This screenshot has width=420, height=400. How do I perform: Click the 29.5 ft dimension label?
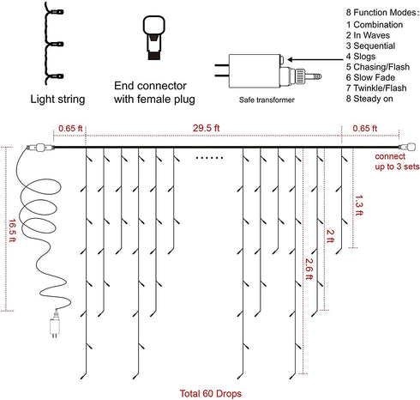coord(206,128)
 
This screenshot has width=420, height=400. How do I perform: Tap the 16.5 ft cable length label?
coord(12,230)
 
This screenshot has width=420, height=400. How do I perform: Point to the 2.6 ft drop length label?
coord(309,269)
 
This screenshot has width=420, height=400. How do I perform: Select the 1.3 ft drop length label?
coord(359,205)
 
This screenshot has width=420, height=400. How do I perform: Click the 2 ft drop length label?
coord(330,236)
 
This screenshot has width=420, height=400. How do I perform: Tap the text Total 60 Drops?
coord(211,393)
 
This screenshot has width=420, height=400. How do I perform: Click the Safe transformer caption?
coord(267,100)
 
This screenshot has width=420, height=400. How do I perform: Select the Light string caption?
coord(57,100)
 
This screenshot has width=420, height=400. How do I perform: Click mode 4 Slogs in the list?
coord(361,57)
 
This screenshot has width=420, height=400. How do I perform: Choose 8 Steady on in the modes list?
coord(369,99)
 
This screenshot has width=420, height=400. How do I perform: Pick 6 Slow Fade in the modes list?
coord(370,77)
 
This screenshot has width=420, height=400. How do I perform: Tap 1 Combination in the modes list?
coord(375,25)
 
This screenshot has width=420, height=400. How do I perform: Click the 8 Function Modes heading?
coord(382,13)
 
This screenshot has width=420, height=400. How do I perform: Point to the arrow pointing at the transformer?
coord(315,59)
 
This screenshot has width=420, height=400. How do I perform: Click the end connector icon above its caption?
coord(153,38)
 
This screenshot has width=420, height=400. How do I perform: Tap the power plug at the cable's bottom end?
coord(55,325)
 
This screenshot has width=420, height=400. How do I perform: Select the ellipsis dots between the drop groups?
coord(209,158)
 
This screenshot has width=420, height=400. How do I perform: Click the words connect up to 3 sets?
coord(397,161)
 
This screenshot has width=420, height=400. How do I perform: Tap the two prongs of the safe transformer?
coord(222,70)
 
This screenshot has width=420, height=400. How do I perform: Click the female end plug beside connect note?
coord(407,147)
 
